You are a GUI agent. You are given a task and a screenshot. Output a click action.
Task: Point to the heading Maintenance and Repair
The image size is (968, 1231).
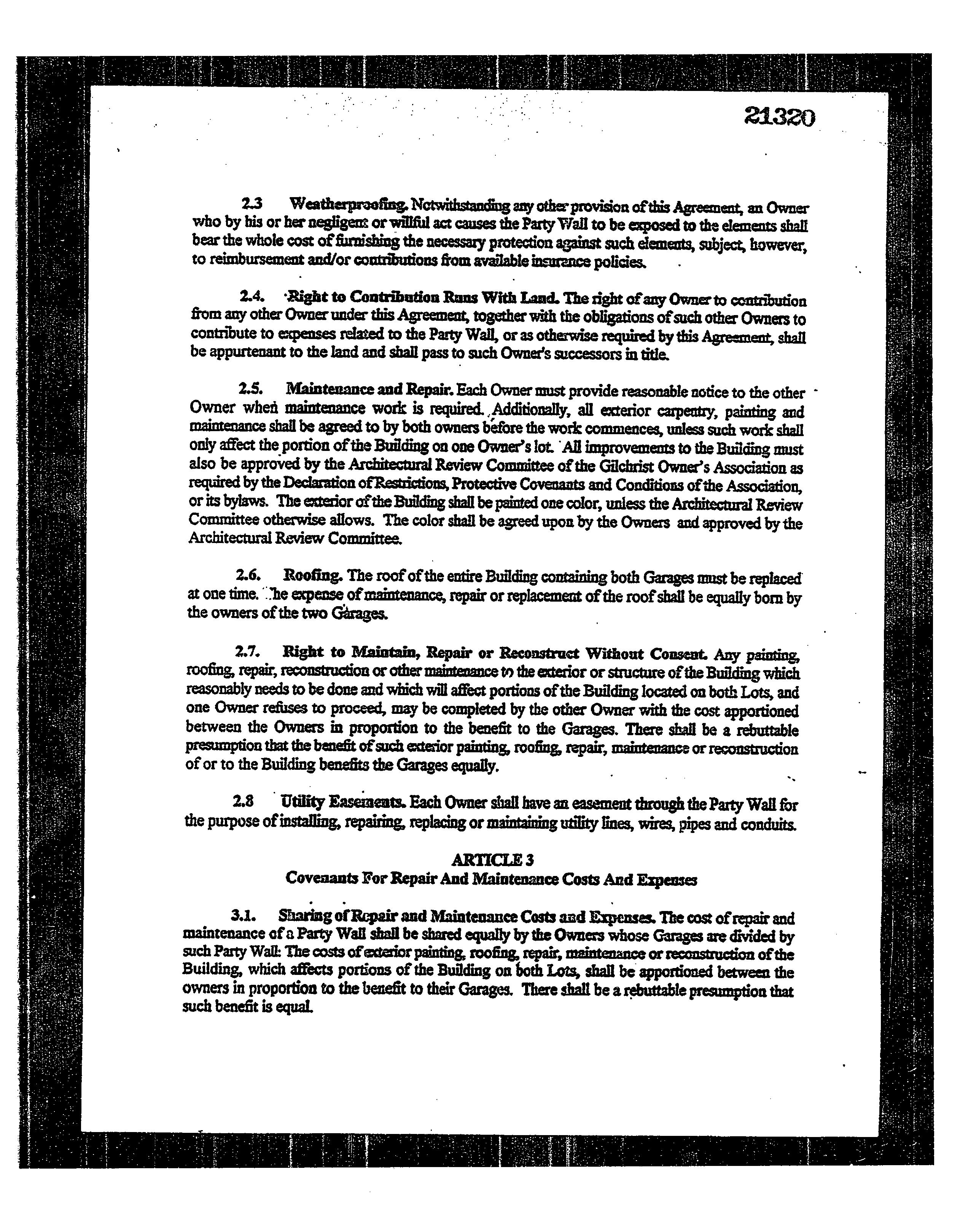(369, 390)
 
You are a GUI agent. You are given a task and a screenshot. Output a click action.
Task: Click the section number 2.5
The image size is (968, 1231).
(250, 389)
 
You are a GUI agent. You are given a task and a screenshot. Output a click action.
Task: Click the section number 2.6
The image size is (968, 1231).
(248, 575)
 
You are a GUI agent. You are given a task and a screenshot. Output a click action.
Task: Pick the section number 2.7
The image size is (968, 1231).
(247, 652)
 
